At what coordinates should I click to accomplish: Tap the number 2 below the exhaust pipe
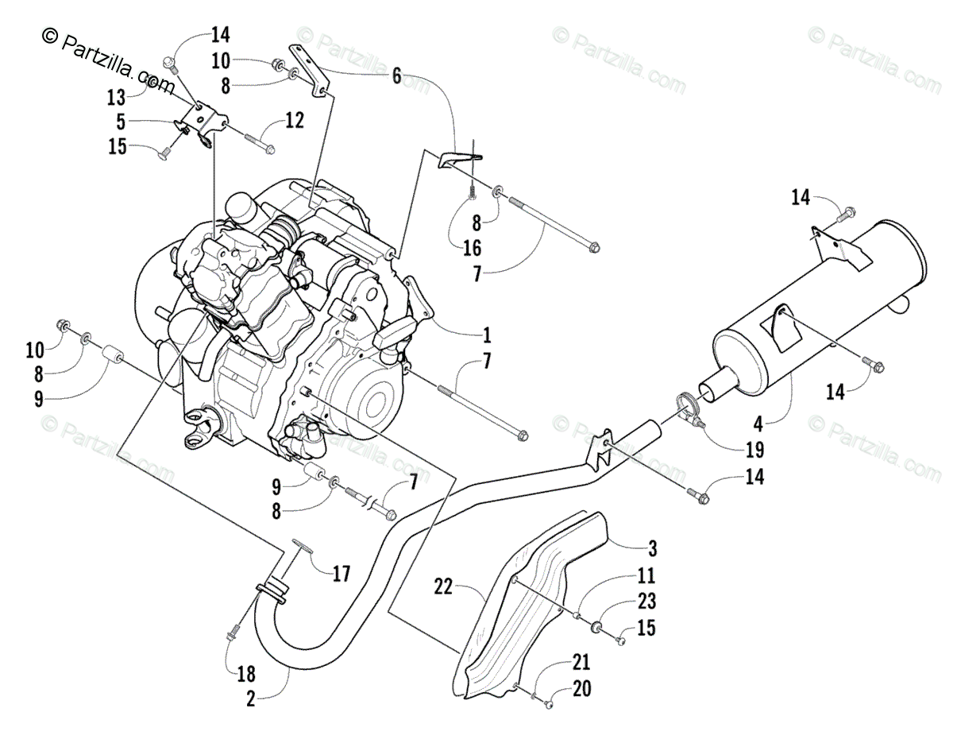[x=251, y=699]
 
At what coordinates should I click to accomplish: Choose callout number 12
[x=295, y=121]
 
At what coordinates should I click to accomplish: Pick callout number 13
[x=117, y=97]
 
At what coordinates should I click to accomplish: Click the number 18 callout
[x=246, y=674]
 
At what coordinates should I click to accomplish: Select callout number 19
[x=755, y=449]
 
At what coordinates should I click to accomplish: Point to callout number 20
[x=581, y=690]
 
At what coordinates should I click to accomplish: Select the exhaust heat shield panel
[x=532, y=604]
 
